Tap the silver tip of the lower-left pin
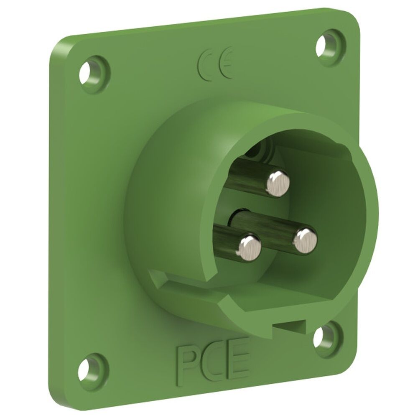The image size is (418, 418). click(x=250, y=246)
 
